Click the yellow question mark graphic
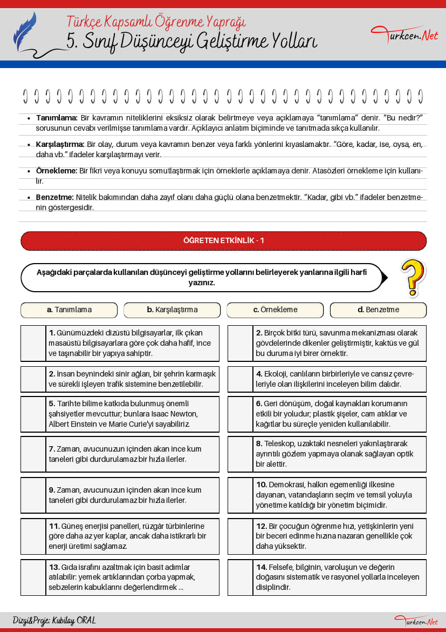click(413, 277)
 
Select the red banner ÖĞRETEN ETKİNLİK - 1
click(223, 241)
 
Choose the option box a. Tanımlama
click(69, 310)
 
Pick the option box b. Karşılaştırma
click(172, 310)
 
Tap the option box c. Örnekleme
click(275, 310)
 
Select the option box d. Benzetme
click(378, 310)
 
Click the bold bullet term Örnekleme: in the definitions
click(57, 171)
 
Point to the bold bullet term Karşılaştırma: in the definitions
click(60, 145)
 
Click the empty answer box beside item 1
click(33, 343)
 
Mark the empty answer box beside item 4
click(241, 379)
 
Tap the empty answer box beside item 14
click(241, 577)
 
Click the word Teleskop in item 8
click(280, 444)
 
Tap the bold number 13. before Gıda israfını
click(54, 567)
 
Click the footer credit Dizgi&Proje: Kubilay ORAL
click(54, 621)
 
